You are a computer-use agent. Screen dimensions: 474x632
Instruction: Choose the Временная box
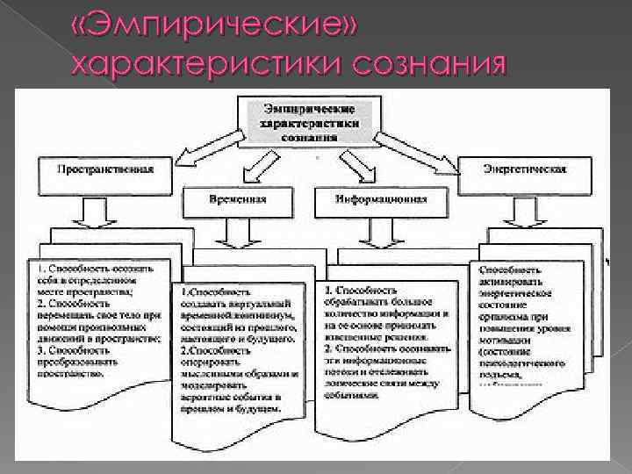pos(237,200)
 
